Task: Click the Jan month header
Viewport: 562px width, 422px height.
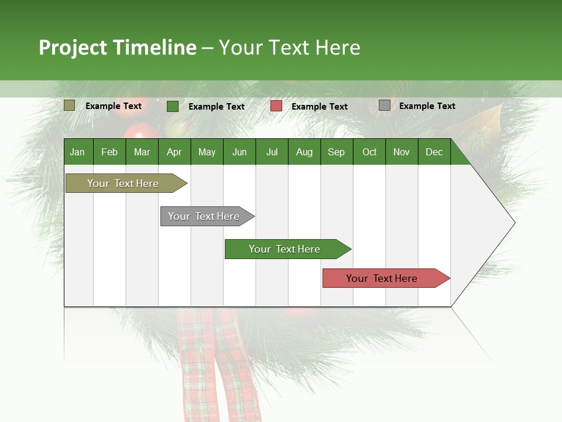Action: click(x=77, y=152)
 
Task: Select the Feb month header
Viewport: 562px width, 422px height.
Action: click(x=109, y=152)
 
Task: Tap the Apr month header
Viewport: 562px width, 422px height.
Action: click(x=174, y=152)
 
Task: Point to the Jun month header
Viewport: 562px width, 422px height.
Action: click(x=239, y=152)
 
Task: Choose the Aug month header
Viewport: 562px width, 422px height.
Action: click(x=304, y=152)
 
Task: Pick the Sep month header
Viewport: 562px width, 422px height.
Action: click(x=336, y=152)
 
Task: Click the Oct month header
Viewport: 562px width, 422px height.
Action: click(x=369, y=152)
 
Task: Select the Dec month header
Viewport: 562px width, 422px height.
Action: click(x=434, y=152)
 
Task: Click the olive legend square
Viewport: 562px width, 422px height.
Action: click(x=69, y=105)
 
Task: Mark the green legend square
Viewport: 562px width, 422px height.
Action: click(x=172, y=106)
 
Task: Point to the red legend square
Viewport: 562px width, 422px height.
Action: click(x=276, y=106)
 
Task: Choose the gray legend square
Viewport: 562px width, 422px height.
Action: click(x=384, y=105)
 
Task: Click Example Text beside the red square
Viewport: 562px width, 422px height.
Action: click(x=319, y=107)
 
